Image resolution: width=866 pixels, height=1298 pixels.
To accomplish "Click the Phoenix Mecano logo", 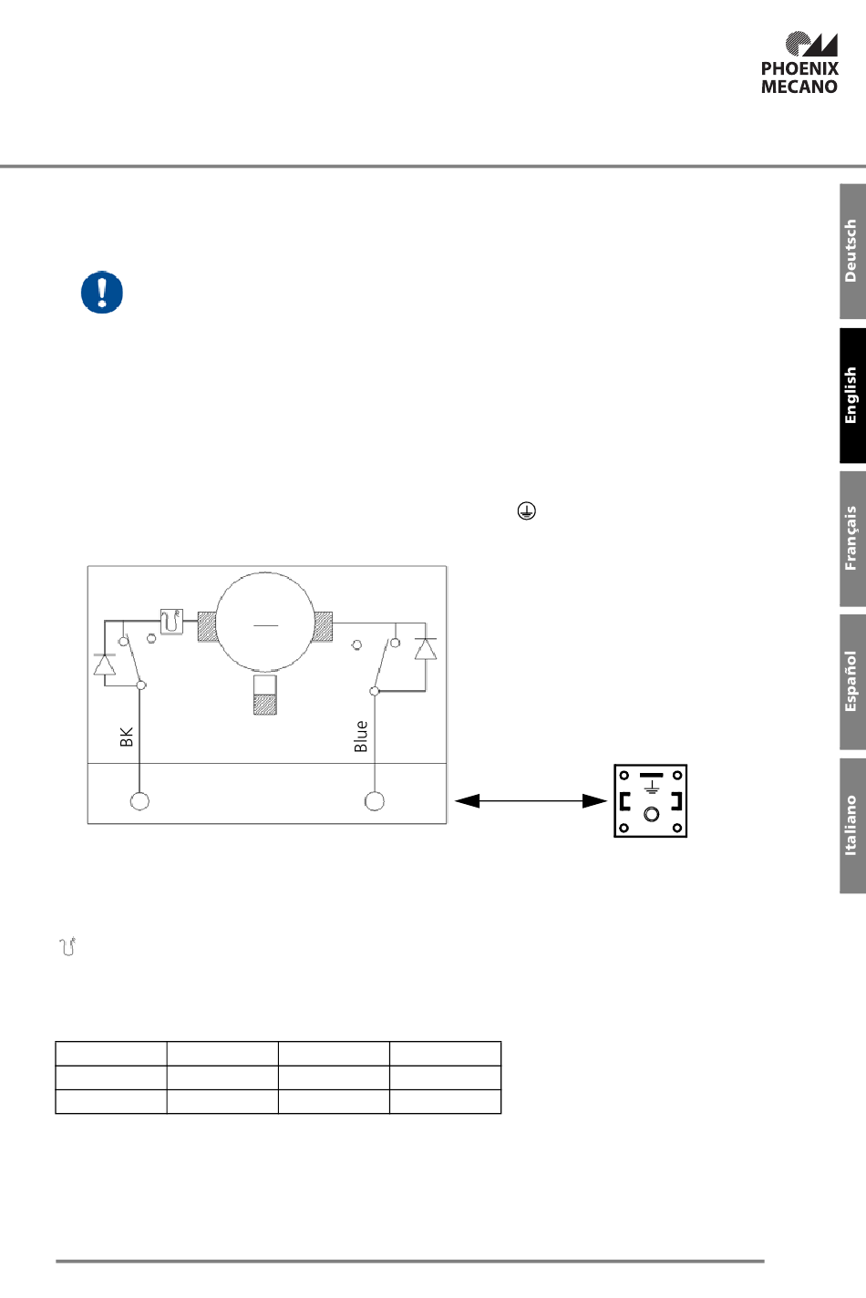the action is point(799,63).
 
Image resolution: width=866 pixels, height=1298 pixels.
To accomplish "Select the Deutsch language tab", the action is point(852,251).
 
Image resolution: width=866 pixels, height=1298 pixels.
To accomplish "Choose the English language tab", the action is point(852,396).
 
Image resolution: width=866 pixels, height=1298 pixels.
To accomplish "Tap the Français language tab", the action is point(852,539).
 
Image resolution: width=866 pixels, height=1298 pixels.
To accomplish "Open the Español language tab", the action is point(852,682).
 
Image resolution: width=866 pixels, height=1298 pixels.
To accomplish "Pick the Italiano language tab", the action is point(852,825).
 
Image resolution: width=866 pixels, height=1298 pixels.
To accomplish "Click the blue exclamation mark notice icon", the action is point(102,292).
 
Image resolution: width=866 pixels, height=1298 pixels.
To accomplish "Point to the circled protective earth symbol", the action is point(526,510).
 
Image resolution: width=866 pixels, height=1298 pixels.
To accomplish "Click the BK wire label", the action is point(127,737).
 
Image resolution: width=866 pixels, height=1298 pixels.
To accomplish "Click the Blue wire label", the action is point(361,736).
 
